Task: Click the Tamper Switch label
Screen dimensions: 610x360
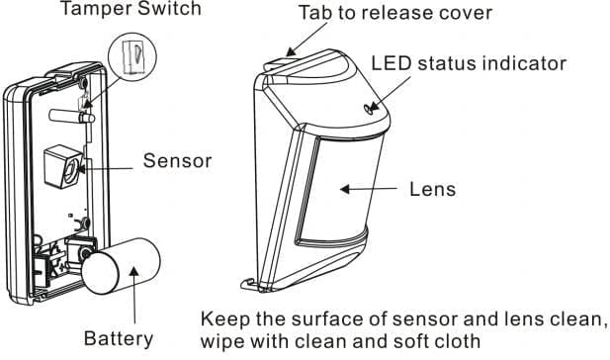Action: pyautogui.click(x=131, y=9)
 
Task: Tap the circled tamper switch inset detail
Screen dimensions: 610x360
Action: pyautogui.click(x=132, y=57)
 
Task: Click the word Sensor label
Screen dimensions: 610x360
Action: pyautogui.click(x=177, y=160)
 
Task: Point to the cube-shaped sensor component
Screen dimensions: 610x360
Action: pyautogui.click(x=63, y=166)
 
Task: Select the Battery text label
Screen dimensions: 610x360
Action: pyautogui.click(x=119, y=338)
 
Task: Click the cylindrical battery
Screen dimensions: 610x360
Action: pyautogui.click(x=121, y=266)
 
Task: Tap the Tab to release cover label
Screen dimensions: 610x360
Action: pyautogui.click(x=395, y=13)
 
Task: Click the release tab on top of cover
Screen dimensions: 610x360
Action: pyautogui.click(x=277, y=62)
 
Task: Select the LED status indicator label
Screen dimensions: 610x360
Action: pyautogui.click(x=469, y=63)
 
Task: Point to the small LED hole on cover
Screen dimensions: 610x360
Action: pyautogui.click(x=367, y=109)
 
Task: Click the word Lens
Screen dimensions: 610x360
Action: pyautogui.click(x=433, y=189)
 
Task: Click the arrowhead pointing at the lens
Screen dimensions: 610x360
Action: pyautogui.click(x=345, y=190)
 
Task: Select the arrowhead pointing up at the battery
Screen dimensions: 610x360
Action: pyautogui.click(x=133, y=271)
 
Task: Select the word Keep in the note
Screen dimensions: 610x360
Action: pyautogui.click(x=224, y=319)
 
